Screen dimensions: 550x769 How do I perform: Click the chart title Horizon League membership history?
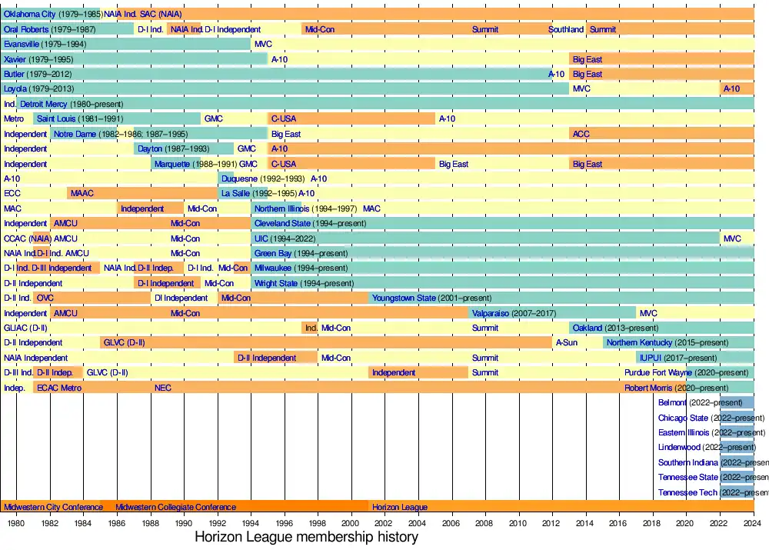306,537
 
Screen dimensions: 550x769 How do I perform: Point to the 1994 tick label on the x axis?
251,523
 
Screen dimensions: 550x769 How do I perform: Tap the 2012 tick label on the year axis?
552,523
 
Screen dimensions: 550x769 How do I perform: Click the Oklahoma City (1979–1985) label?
52,14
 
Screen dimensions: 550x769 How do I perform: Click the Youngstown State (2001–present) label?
431,298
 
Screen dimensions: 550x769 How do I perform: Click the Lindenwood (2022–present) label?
707,448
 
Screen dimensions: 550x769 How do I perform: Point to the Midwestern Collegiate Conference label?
175,508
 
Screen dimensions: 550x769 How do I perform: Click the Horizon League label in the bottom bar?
400,508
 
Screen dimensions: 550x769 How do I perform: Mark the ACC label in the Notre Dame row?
581,134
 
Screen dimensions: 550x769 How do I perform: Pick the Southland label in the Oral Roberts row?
566,29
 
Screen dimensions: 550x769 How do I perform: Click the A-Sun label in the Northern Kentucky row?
567,343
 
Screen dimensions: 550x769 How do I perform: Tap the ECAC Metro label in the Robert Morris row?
59,388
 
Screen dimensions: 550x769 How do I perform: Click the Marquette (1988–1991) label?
195,164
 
